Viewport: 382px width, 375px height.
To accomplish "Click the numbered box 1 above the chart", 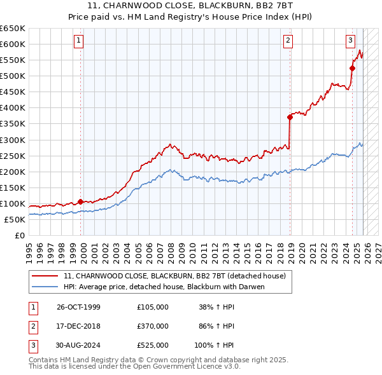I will point(78,41).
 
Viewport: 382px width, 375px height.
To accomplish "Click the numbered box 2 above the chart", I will point(288,41).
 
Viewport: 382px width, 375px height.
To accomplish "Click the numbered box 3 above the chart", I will point(350,41).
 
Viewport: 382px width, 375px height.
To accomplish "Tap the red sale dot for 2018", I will point(290,117).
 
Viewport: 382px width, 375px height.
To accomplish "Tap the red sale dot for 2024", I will point(352,67).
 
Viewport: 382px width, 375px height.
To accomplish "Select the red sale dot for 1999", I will point(80,201).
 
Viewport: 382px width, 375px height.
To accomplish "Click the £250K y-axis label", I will point(13,156).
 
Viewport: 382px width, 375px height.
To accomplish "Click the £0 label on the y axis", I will point(19,235).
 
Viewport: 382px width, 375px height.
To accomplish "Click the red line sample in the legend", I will point(45,276).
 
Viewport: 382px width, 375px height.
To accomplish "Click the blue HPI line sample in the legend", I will point(45,287).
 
